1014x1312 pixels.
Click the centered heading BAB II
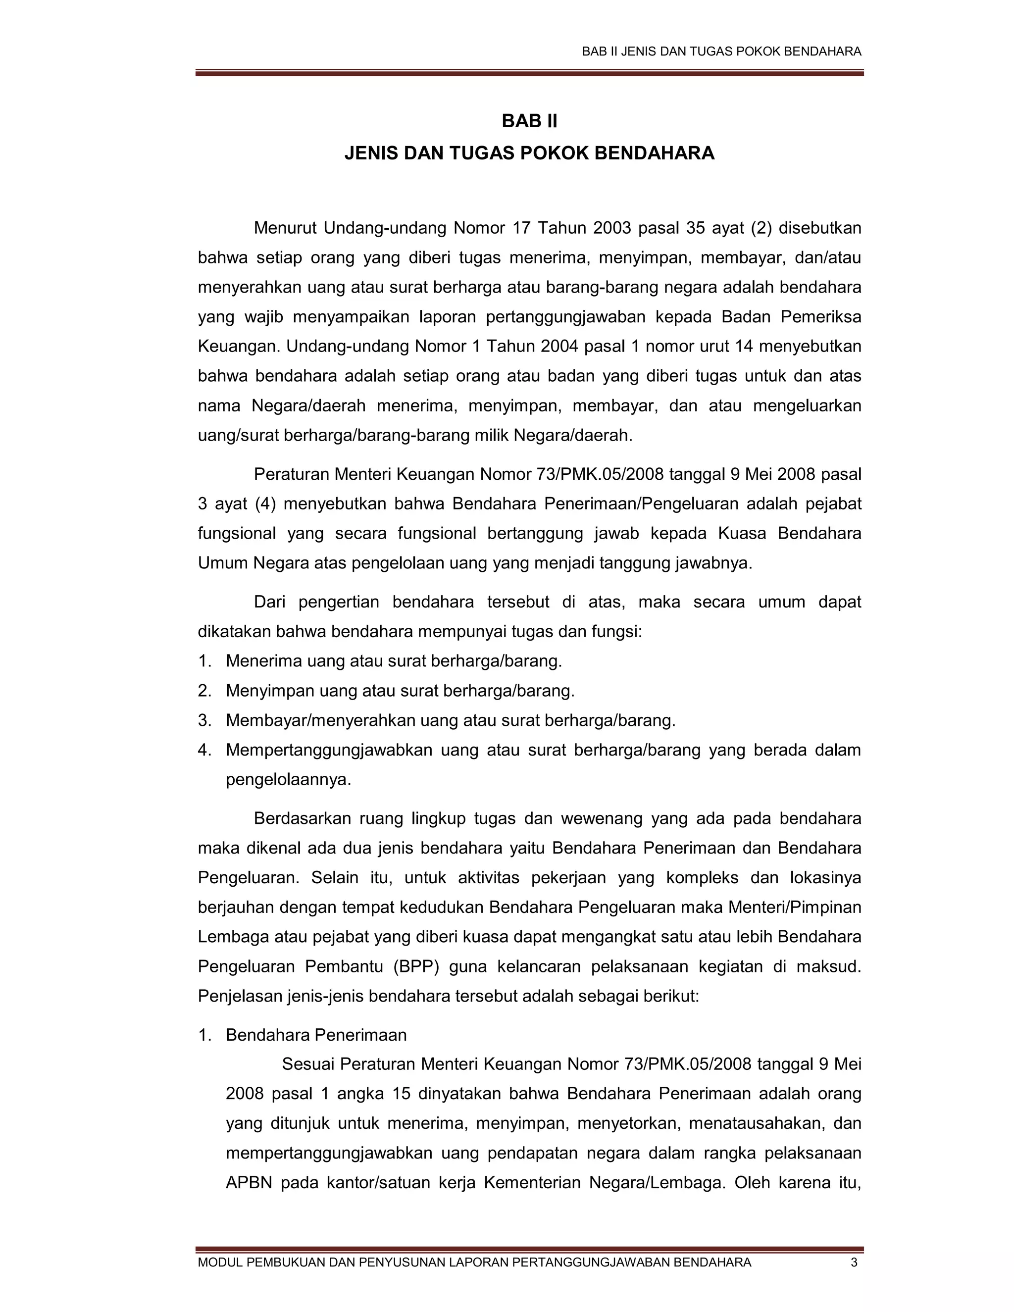(x=529, y=121)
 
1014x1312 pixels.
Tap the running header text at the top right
(x=721, y=51)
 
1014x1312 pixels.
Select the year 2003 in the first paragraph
(x=611, y=228)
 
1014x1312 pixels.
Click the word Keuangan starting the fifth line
(x=237, y=347)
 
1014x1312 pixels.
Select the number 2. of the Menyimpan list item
(x=205, y=691)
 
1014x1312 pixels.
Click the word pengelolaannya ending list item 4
(x=288, y=780)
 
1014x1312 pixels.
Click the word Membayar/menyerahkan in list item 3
(x=319, y=720)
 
